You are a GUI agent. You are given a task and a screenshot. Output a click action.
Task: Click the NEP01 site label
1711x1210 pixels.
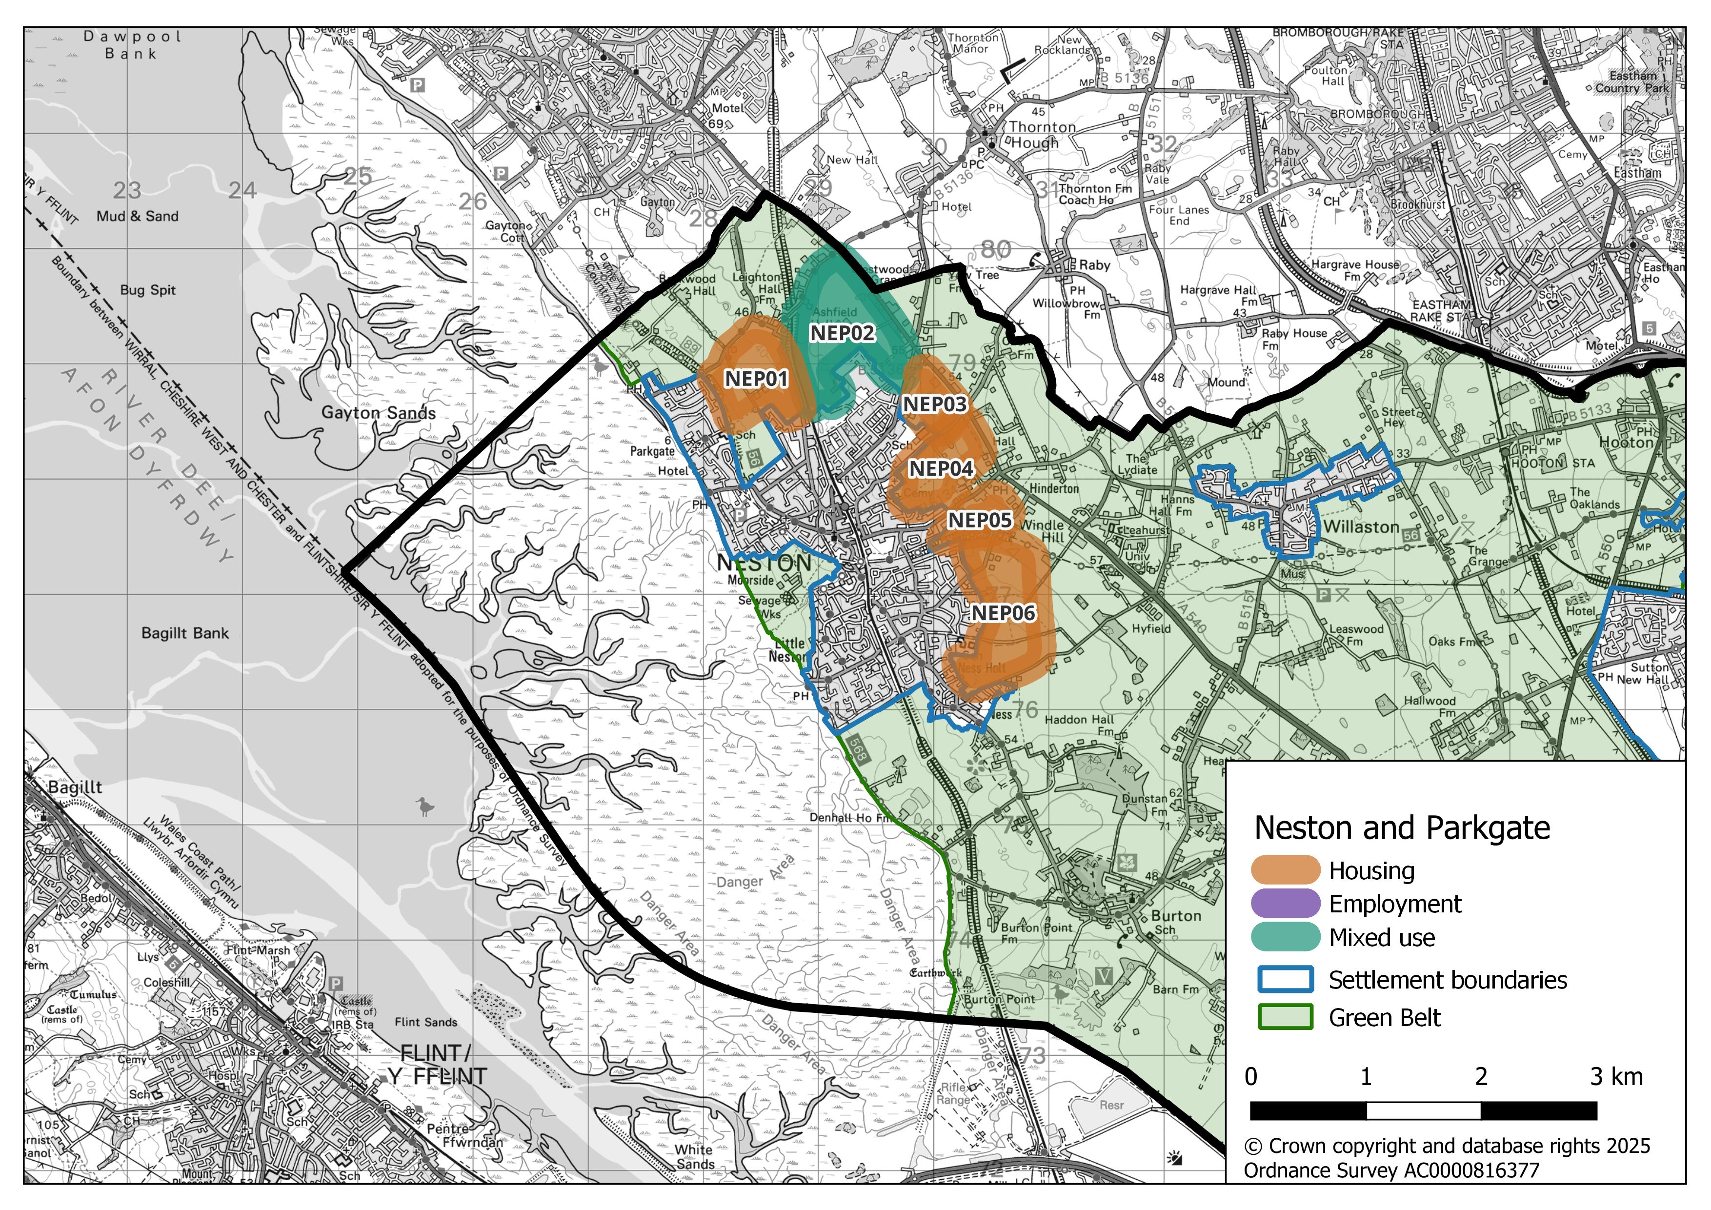coord(756,379)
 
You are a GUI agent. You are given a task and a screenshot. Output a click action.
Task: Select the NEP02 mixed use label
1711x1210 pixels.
coord(842,333)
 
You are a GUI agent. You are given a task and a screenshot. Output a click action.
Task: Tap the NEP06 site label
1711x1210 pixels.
coord(1003,613)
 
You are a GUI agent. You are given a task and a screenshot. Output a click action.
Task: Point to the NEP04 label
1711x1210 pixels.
coord(941,469)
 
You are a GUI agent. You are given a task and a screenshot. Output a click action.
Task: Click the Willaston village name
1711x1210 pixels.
coord(1361,527)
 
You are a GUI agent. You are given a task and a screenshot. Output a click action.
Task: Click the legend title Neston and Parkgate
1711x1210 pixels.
coord(1402,828)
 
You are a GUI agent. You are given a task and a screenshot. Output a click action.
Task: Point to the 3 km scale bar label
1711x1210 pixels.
coord(1615,1077)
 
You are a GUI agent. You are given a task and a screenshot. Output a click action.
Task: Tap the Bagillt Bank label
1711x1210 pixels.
coord(185,633)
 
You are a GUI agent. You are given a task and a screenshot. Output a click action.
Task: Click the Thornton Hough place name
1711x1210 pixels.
coord(1041,135)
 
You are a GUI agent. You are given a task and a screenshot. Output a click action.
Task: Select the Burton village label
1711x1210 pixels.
coord(1176,916)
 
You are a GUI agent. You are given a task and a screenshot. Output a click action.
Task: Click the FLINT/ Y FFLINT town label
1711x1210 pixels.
coord(436,1065)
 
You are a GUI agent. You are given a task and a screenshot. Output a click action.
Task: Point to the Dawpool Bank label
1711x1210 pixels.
coord(132,45)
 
